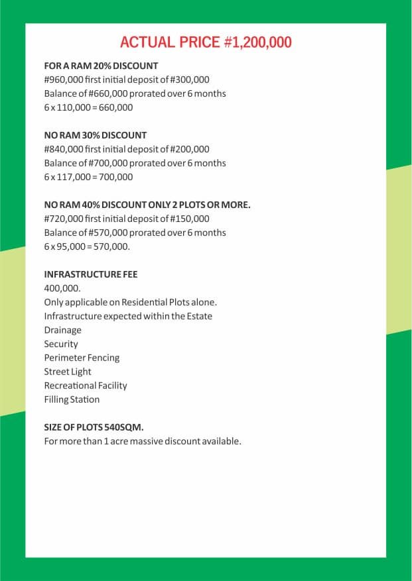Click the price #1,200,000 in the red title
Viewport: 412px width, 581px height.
[x=257, y=42]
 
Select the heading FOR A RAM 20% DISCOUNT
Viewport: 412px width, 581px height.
[x=101, y=66]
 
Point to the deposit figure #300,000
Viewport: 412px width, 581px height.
[x=189, y=80]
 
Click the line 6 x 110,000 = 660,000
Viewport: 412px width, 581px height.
[x=88, y=108]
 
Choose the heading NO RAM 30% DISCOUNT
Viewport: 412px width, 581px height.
[x=96, y=135]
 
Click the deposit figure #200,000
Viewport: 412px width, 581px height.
[x=189, y=150]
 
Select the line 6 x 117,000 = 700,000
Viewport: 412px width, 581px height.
[x=88, y=177]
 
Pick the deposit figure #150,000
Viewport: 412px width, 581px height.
[x=189, y=219]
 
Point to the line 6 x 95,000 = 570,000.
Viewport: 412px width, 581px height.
[x=87, y=246]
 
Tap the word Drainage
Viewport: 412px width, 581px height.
[x=63, y=330]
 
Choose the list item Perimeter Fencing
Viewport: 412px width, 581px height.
[x=82, y=358]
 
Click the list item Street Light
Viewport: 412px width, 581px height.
[x=68, y=372]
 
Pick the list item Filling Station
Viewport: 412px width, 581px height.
[x=72, y=399]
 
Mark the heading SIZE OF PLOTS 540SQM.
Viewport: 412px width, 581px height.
[x=94, y=427]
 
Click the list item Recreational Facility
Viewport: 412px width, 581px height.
[x=86, y=386]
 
